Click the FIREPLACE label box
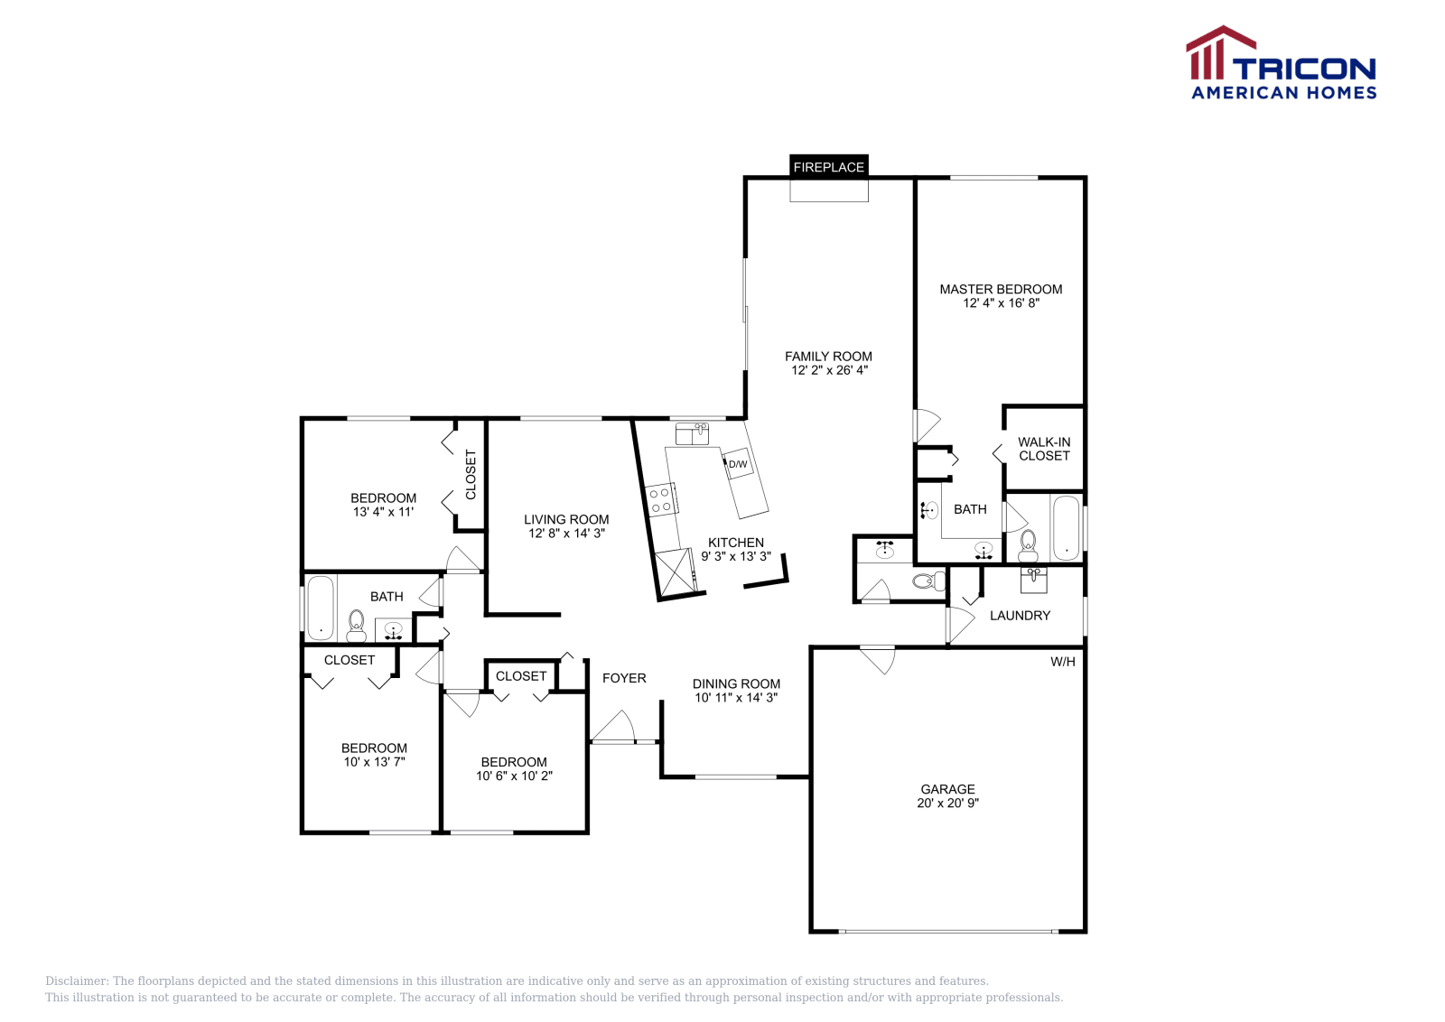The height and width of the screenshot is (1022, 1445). [x=829, y=167]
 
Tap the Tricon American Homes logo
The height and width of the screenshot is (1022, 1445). [x=1282, y=64]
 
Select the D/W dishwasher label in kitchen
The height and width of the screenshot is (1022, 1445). [x=738, y=464]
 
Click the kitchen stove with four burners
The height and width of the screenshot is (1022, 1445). [x=662, y=500]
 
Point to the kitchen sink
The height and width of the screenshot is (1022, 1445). [x=693, y=434]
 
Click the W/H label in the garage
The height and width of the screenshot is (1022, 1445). [x=1063, y=662]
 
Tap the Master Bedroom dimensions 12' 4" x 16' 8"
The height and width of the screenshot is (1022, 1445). [x=1001, y=303]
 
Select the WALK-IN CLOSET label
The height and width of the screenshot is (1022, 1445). [x=1044, y=449]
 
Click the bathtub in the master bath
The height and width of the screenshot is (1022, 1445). [x=1067, y=528]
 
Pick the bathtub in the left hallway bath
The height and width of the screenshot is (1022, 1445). [x=321, y=608]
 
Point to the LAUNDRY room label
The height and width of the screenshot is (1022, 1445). [x=1020, y=616]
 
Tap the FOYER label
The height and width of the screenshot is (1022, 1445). [x=624, y=678]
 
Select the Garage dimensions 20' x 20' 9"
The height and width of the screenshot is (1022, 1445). [x=947, y=803]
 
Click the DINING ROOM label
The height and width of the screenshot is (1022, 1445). [x=736, y=684]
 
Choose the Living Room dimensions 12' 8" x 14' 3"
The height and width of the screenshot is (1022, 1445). [x=566, y=534]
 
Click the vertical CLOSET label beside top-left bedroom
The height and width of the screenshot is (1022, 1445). [x=471, y=475]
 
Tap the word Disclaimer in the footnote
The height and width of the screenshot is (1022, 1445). [x=76, y=981]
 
